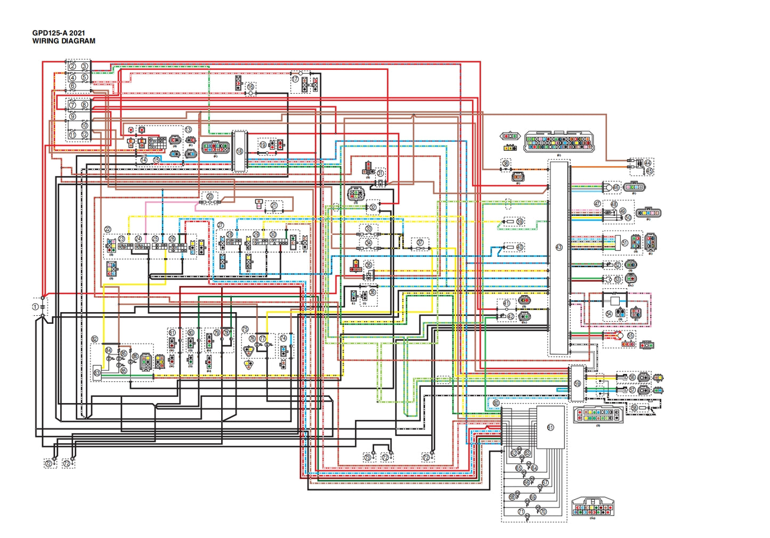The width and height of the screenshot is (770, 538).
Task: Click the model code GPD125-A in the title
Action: click(50, 33)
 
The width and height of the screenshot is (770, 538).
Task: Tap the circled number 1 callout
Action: click(35, 307)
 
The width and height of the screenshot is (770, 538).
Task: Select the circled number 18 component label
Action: click(239, 151)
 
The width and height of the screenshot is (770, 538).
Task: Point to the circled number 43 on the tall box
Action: click(558, 247)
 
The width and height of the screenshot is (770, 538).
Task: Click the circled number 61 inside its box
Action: click(550, 427)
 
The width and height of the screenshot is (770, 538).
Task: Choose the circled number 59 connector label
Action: click(577, 384)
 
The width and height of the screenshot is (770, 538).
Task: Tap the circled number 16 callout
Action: click(250, 86)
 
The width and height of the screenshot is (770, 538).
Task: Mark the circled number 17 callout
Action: click(295, 79)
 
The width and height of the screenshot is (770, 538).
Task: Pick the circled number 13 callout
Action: click(188, 129)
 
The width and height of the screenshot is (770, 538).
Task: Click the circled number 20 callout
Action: click(209, 197)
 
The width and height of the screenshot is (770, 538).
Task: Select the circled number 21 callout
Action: click(274, 205)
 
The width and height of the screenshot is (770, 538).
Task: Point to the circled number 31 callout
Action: click(380, 174)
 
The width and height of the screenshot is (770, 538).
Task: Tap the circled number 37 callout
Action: click(420, 243)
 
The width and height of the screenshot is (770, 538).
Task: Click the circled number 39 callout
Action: click(520, 221)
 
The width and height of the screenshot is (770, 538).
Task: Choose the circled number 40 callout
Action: click(520, 247)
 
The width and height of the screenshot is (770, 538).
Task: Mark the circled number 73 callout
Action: click(367, 457)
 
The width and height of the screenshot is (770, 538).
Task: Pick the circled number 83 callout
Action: click(97, 373)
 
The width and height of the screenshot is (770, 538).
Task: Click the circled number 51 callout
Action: click(625, 242)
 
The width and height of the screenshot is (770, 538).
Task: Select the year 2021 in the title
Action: click(77, 33)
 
